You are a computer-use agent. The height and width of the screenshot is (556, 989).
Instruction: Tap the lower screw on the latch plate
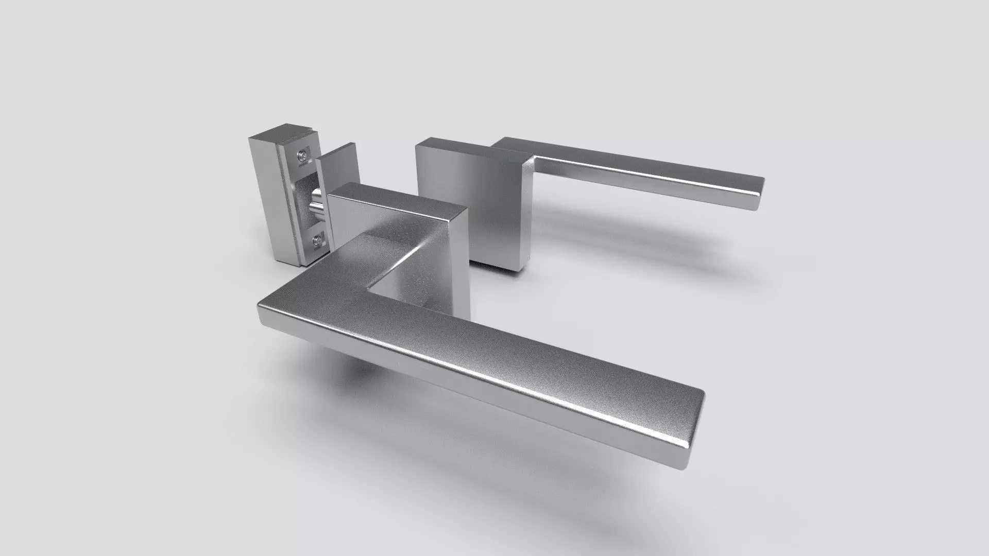pyautogui.click(x=318, y=239)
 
